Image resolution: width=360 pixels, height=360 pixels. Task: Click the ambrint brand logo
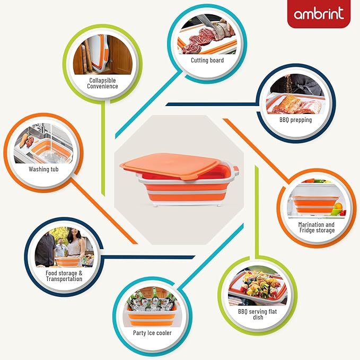pyautogui.click(x=319, y=13)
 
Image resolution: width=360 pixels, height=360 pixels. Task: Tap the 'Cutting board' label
pyautogui.click(x=207, y=60)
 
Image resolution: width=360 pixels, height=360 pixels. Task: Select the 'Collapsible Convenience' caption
pyautogui.click(x=102, y=83)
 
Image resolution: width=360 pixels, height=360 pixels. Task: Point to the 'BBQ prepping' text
pyautogui.click(x=295, y=120)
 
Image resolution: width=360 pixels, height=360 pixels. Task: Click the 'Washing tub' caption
pyautogui.click(x=43, y=169)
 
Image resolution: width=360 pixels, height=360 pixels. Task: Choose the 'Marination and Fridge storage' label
pyautogui.click(x=317, y=227)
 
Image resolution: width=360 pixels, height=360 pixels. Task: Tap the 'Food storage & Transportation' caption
pyautogui.click(x=64, y=276)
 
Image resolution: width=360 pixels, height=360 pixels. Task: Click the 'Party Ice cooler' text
pyautogui.click(x=152, y=333)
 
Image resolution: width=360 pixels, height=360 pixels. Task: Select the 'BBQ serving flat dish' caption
pyautogui.click(x=257, y=314)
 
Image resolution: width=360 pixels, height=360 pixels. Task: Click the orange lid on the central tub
pyautogui.click(x=169, y=166)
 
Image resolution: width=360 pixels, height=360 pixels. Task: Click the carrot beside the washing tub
pyautogui.click(x=24, y=141)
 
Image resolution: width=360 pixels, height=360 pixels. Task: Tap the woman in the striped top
pyautogui.click(x=75, y=245)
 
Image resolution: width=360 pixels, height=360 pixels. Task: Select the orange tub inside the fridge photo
pyautogui.click(x=313, y=204)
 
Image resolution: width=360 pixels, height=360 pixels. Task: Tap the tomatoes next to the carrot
pyautogui.click(x=30, y=141)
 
